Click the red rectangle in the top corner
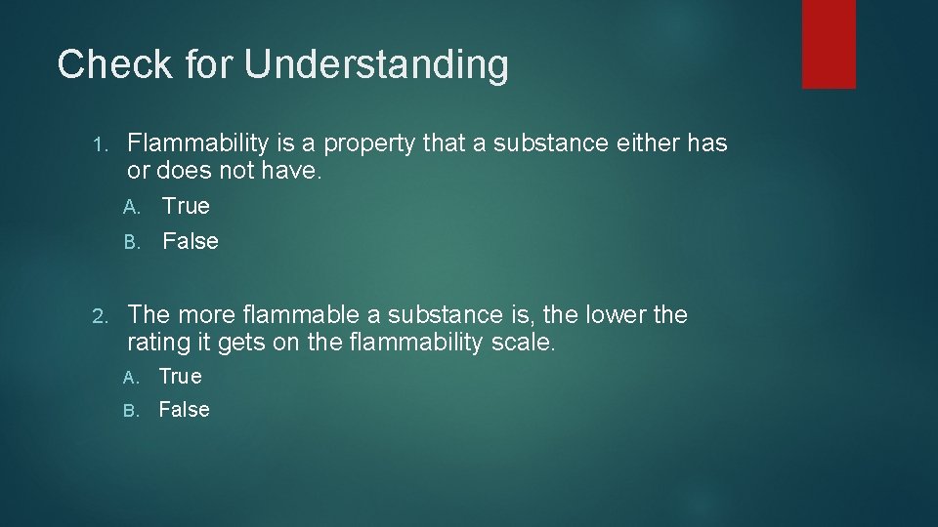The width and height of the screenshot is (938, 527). pos(829,43)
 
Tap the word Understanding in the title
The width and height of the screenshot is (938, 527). pos(376,65)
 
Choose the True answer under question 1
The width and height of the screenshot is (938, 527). pos(186,206)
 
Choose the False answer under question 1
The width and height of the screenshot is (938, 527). pos(191,241)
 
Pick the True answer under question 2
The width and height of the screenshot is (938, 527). pos(181,376)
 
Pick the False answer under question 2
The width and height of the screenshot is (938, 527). pos(185,410)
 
